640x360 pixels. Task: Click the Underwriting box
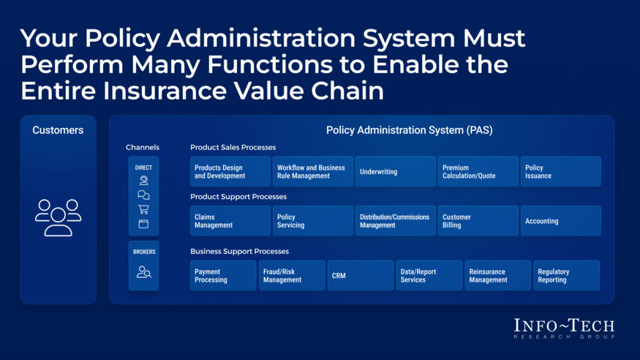pos(395,171)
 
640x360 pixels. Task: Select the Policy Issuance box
pos(560,171)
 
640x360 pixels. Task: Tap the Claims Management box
pos(230,221)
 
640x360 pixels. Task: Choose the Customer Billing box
pos(478,221)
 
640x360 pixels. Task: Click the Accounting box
pos(560,221)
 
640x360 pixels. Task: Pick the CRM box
pos(361,276)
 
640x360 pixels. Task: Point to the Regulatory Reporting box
pos(566,276)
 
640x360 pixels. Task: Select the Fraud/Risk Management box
pos(292,276)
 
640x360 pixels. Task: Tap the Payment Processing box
pos(223,276)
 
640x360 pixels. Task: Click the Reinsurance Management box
pos(497,276)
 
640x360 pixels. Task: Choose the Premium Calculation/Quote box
pos(478,171)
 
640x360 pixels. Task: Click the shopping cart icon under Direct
pos(143,209)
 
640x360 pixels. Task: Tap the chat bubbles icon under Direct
pos(143,195)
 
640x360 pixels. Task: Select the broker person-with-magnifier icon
pos(143,272)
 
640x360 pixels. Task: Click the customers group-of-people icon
pos(58,217)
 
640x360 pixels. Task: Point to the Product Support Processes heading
pos(238,197)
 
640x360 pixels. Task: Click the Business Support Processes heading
pos(240,252)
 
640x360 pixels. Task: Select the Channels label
pos(143,147)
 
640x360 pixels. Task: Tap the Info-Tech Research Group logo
pos(564,329)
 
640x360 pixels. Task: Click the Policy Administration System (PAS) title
pos(410,130)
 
